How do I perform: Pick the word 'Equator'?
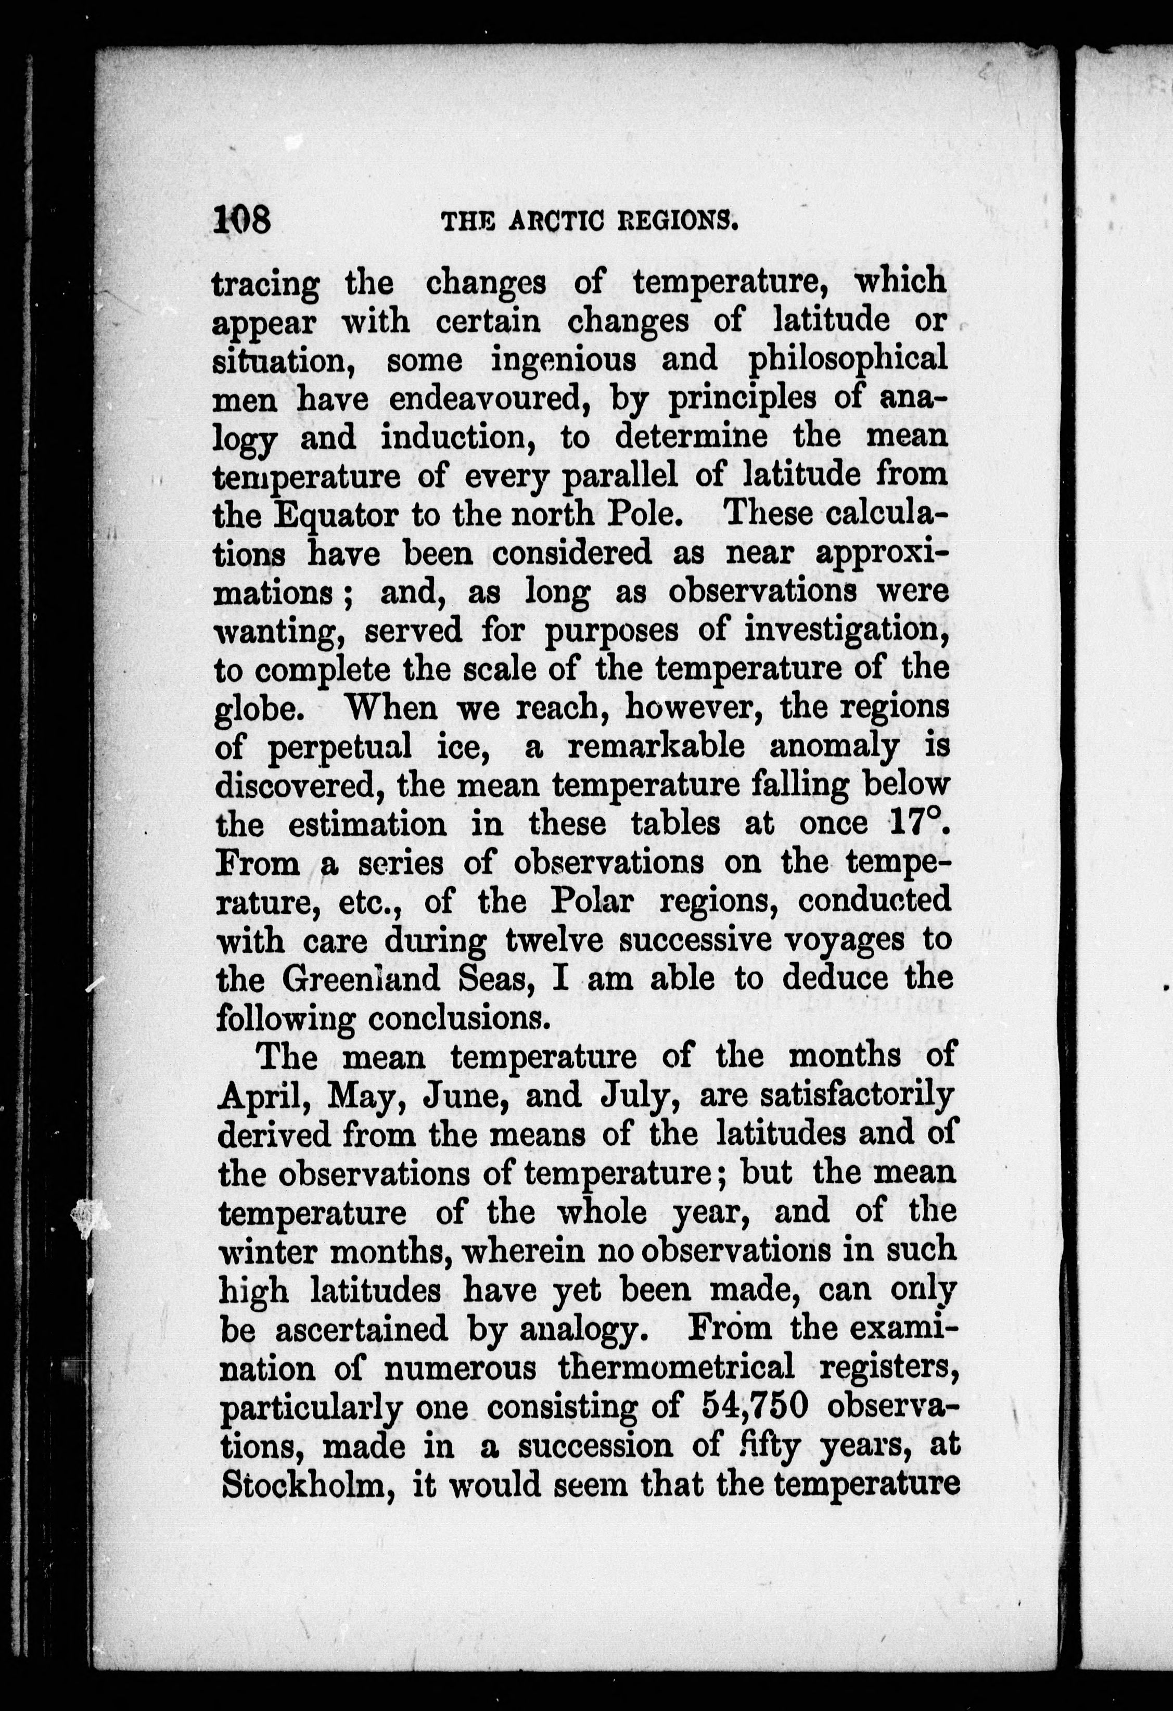(x=336, y=514)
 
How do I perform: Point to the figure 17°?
(x=917, y=823)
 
